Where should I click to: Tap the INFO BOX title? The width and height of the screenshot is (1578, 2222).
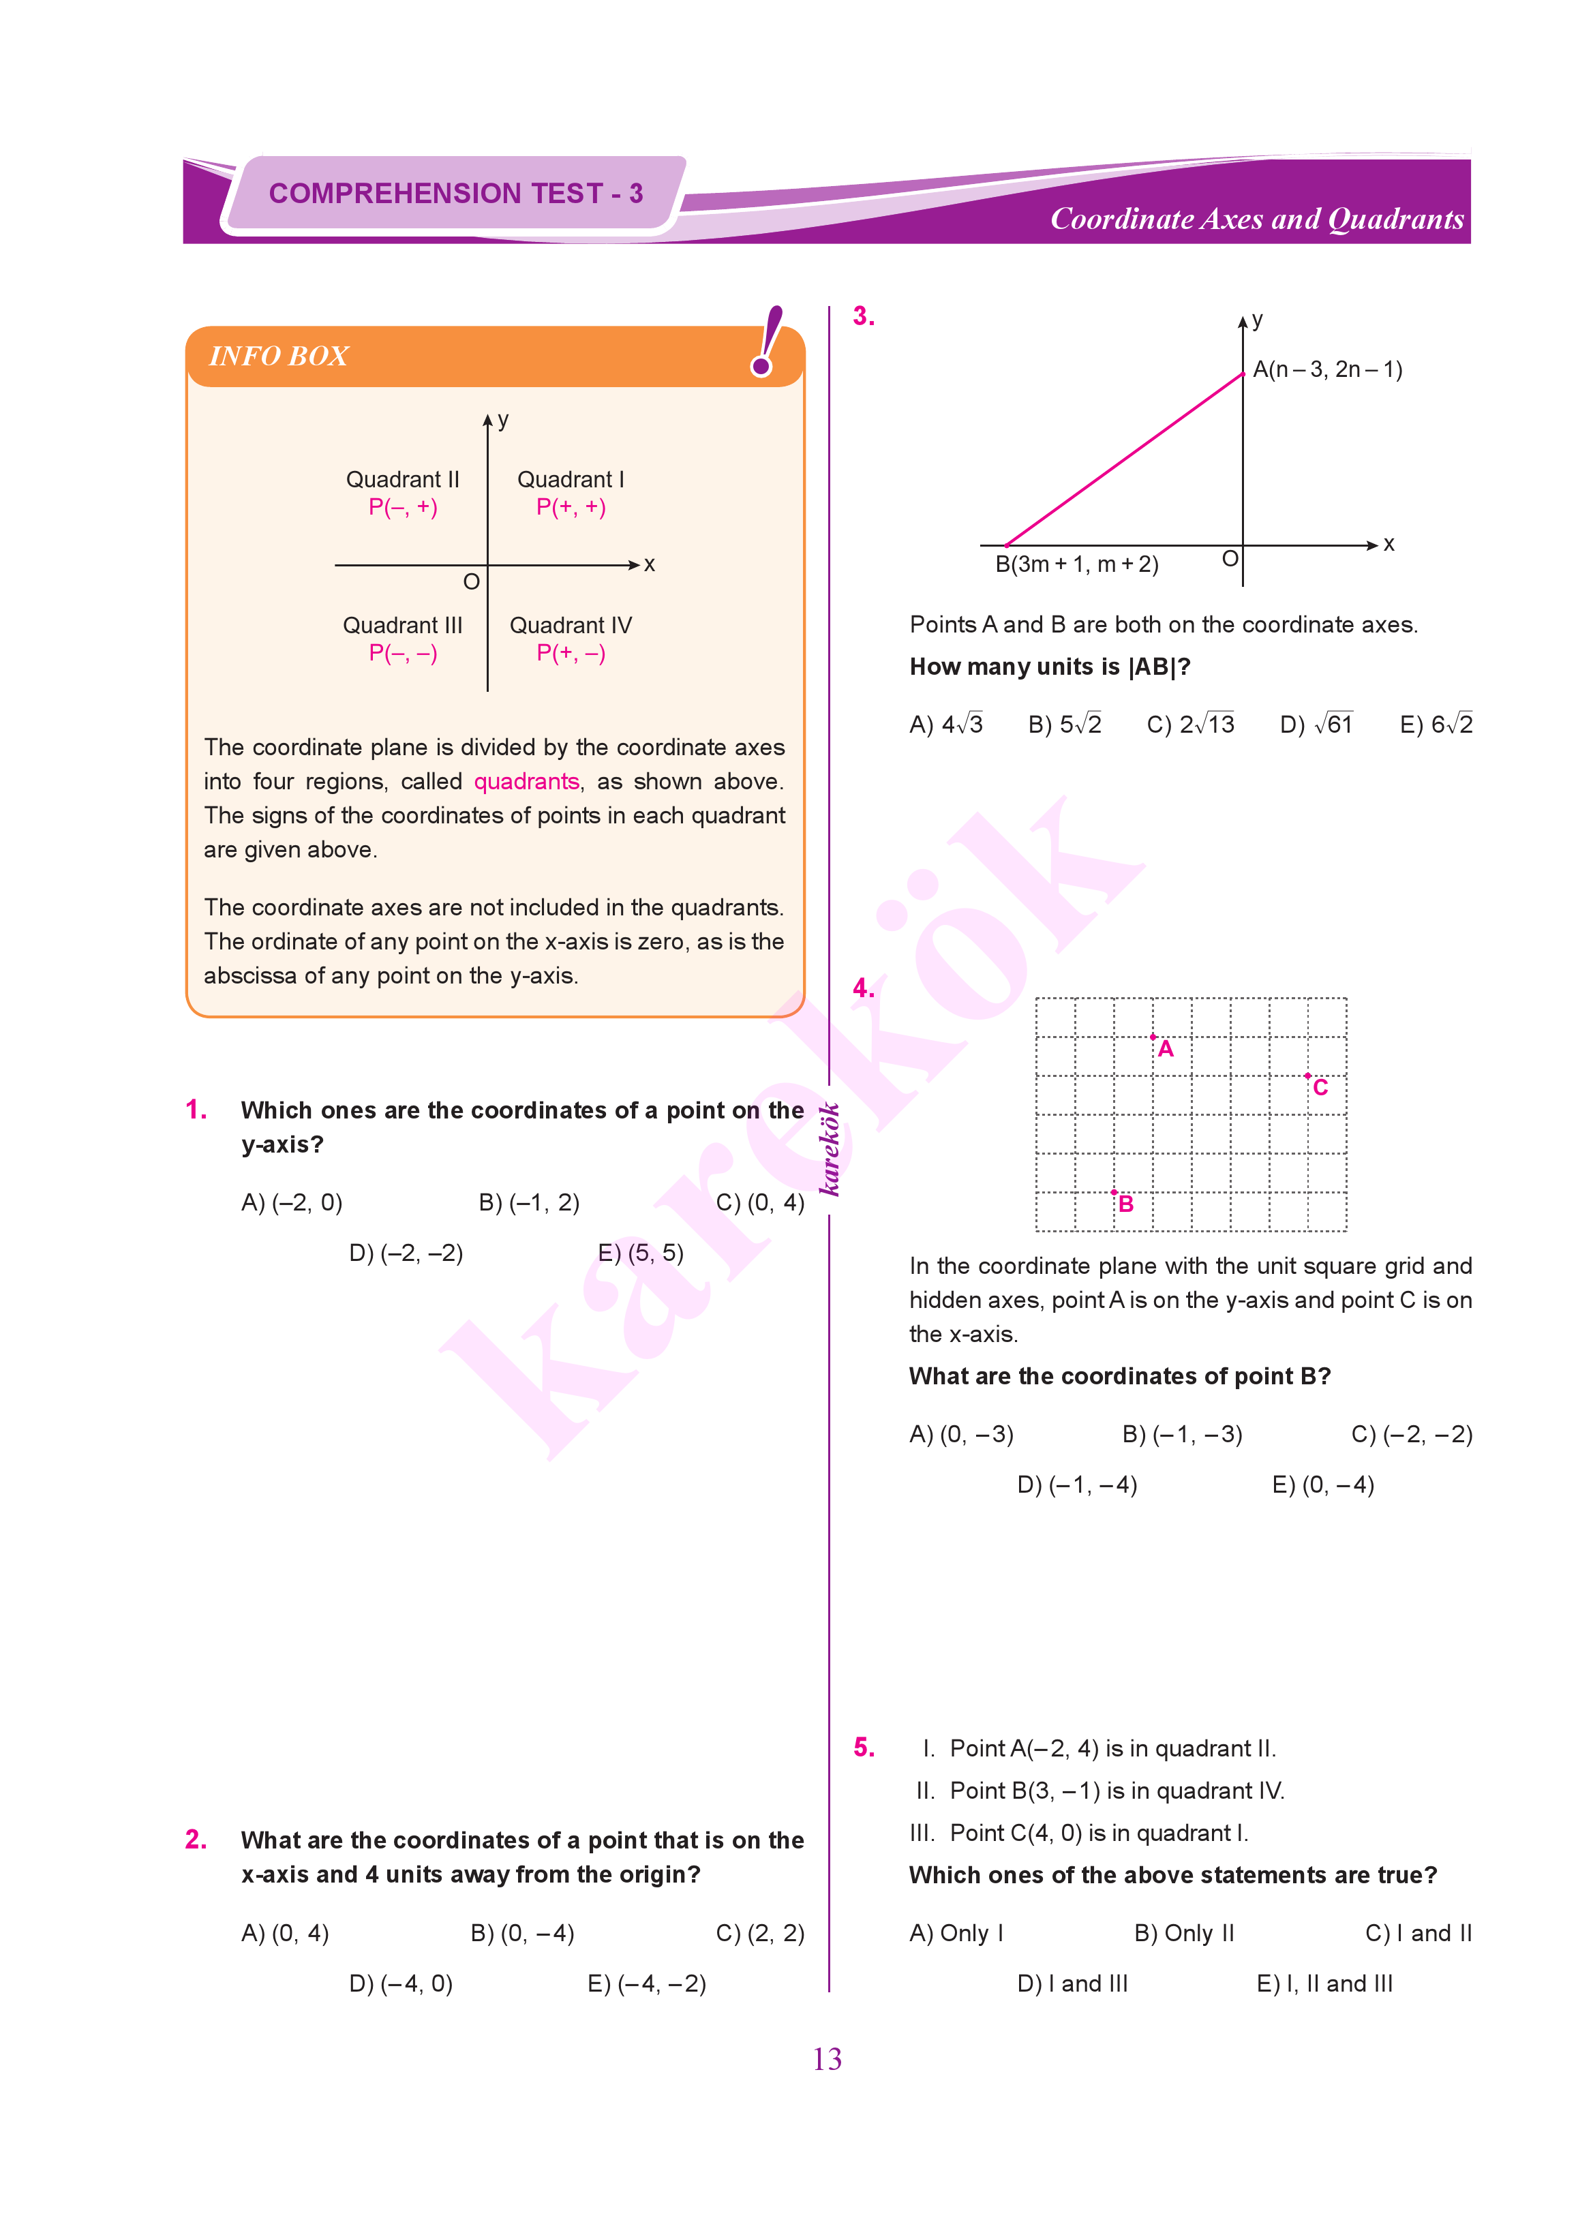pos(279,356)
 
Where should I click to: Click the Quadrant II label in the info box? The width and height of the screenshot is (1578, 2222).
pos(402,479)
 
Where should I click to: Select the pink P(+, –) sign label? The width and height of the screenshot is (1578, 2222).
pos(571,653)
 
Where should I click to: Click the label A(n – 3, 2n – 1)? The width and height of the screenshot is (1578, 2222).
pos(1326,369)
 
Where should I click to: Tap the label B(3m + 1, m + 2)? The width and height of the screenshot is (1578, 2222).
pos(1076,564)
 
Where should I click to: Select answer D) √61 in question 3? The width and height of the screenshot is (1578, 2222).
pos(1316,725)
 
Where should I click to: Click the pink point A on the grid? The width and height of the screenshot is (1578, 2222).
pos(1153,1037)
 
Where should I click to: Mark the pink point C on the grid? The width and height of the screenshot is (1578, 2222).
pos(1308,1076)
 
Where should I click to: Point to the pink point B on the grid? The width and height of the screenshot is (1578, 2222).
pos(1114,1192)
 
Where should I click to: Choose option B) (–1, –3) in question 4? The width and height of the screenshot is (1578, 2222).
pos(1181,1434)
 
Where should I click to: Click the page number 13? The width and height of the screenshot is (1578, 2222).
pos(827,2059)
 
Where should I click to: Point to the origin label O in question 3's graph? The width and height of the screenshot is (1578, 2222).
pos(1229,559)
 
